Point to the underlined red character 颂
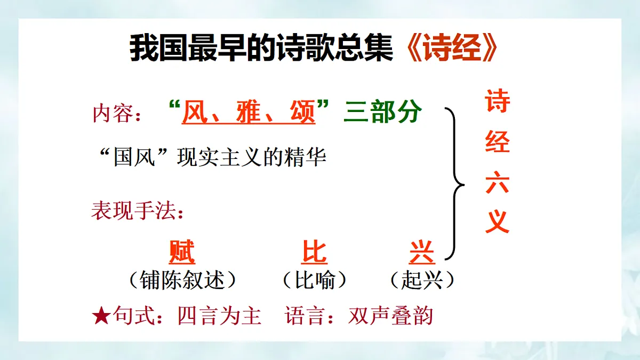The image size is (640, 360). [x=302, y=112]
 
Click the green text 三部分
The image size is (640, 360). [x=383, y=112]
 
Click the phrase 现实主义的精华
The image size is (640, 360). [x=252, y=158]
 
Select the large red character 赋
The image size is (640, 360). [x=182, y=252]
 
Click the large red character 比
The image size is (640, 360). [x=314, y=252]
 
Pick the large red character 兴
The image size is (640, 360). [x=422, y=252]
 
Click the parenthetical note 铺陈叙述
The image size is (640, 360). [x=182, y=280]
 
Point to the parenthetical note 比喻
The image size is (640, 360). [x=315, y=280]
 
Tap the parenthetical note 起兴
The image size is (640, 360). [x=422, y=280]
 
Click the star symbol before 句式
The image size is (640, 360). [x=101, y=316]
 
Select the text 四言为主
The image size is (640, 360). [x=219, y=316]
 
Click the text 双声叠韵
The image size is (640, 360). [x=390, y=316]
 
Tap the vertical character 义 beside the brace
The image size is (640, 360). [x=497, y=221]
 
